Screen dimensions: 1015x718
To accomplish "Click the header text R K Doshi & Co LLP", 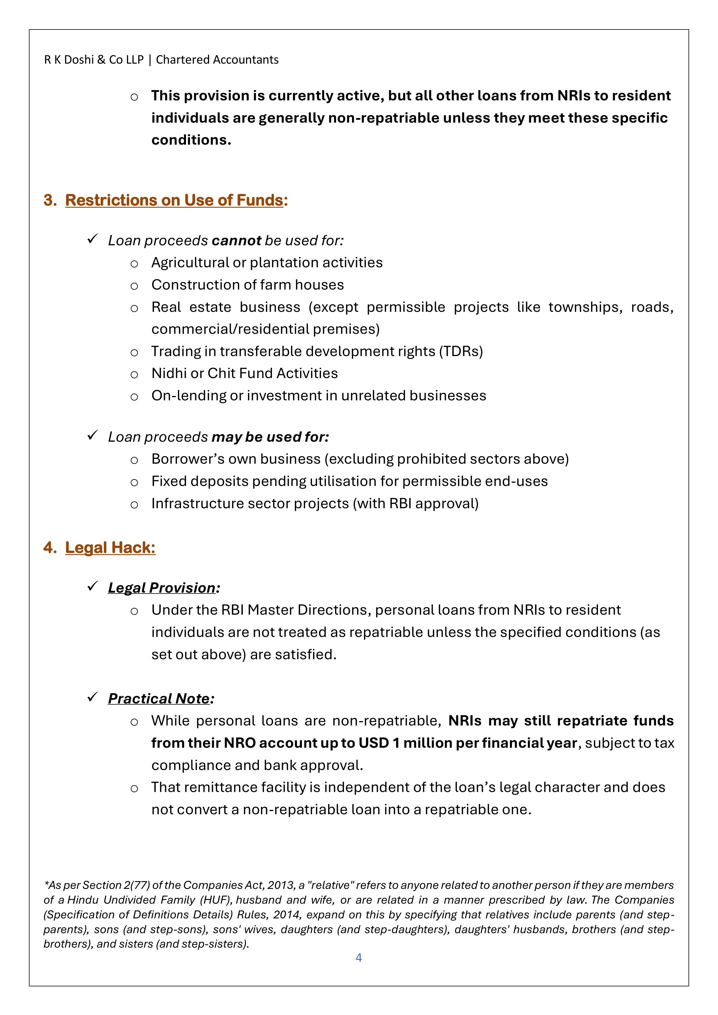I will (94, 60).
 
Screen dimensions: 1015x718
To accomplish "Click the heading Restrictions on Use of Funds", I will (174, 200).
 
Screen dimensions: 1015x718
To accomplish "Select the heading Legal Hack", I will (110, 548).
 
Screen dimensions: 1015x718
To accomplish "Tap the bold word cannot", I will (237, 240).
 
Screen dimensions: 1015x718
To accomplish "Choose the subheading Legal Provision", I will (162, 588).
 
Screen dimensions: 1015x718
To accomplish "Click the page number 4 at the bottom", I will (358, 957).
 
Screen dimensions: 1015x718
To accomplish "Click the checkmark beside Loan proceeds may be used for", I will (92, 436).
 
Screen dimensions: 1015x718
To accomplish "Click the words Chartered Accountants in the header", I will (217, 60).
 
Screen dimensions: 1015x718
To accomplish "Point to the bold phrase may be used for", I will (270, 437).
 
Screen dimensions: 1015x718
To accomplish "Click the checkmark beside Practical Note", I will (92, 698).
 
